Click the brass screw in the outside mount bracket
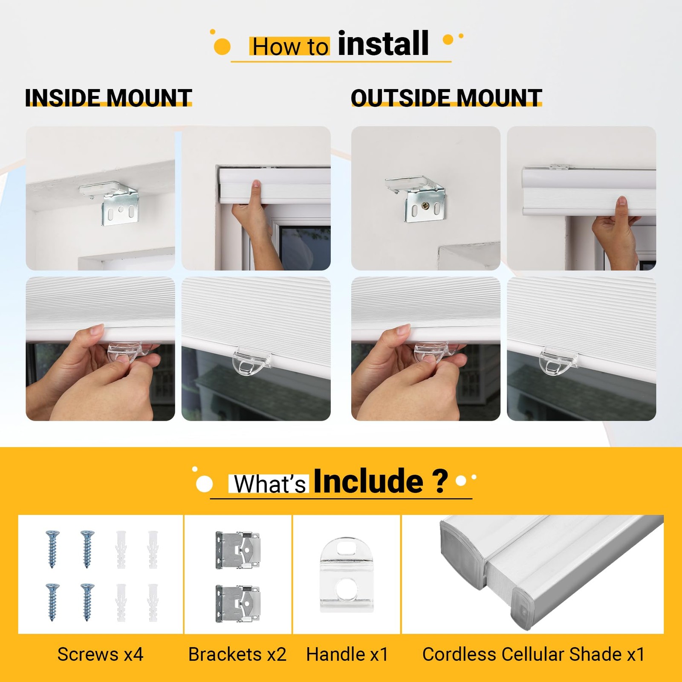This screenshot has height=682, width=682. [425, 205]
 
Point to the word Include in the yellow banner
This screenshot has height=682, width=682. [368, 481]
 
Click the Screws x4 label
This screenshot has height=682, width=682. [101, 654]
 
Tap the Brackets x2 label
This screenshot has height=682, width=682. [237, 654]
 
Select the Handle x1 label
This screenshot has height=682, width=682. [347, 654]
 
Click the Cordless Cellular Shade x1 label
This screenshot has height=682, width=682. [533, 654]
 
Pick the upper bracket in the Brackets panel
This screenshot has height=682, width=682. [238, 550]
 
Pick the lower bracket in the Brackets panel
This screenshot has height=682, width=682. [238, 604]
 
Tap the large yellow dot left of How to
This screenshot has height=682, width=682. [222, 46]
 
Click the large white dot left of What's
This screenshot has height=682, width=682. [204, 484]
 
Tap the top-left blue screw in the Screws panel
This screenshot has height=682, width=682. [52, 549]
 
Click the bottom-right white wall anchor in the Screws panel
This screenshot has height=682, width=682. [153, 603]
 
